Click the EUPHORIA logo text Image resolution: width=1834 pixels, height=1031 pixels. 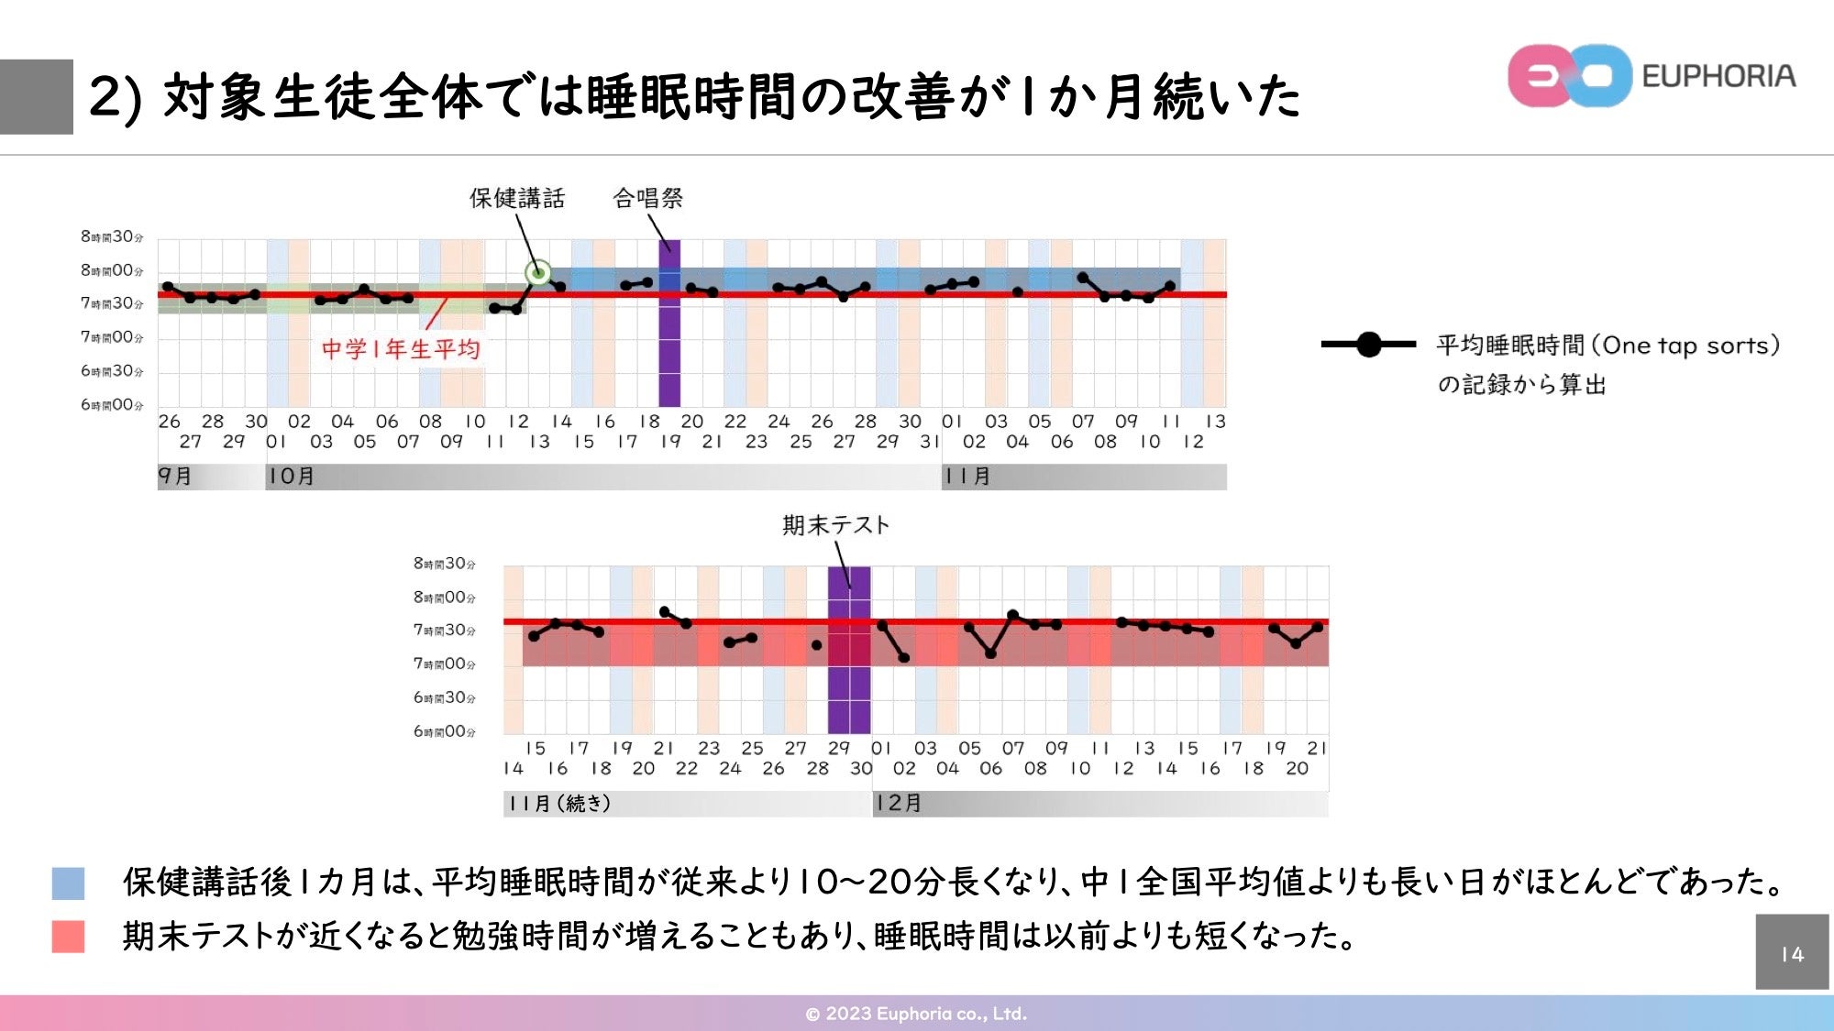pyautogui.click(x=1718, y=76)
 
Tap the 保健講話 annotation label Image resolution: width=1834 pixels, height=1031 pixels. pyautogui.click(x=517, y=198)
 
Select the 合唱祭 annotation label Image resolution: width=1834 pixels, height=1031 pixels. pyautogui.click(x=647, y=198)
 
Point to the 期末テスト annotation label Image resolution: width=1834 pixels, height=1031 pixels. pyautogui.click(x=835, y=525)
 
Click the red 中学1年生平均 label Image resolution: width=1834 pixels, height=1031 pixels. pyautogui.click(x=401, y=349)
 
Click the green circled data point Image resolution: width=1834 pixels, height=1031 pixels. pyautogui.click(x=538, y=272)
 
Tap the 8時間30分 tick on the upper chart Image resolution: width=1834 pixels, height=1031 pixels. pyautogui.click(x=112, y=237)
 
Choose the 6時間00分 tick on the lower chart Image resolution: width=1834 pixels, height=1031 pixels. pyautogui.click(x=445, y=731)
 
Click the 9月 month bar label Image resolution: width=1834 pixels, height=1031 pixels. pyautogui.click(x=175, y=477)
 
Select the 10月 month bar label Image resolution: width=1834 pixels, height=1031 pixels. pyautogui.click(x=292, y=477)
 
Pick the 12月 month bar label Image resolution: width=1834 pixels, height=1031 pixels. pyautogui.click(x=898, y=804)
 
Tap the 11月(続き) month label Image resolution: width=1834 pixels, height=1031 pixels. pyautogui.click(x=559, y=804)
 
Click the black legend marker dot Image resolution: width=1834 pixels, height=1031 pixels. pyautogui.click(x=1368, y=345)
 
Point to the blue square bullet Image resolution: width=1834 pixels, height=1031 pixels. pyautogui.click(x=68, y=883)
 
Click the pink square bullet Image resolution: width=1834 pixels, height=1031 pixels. pyautogui.click(x=68, y=937)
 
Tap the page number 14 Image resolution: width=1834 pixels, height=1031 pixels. pyautogui.click(x=1792, y=954)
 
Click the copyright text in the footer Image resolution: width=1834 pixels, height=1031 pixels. pyautogui.click(x=916, y=1014)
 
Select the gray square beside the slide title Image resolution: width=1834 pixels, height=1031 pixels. pyautogui.click(x=37, y=97)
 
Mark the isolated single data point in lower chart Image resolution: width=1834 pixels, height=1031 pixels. pyautogui.click(x=817, y=645)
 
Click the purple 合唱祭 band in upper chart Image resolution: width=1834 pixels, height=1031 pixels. pyautogui.click(x=669, y=348)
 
